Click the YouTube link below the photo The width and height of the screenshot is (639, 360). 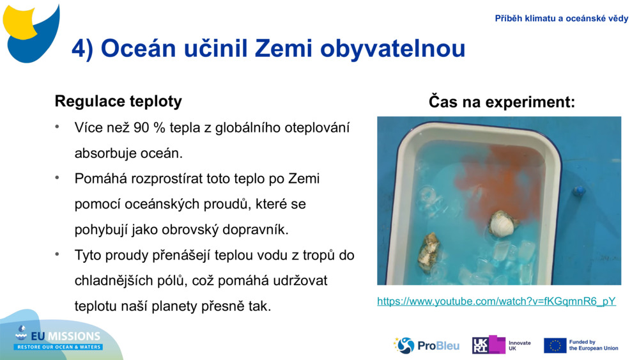click(496, 301)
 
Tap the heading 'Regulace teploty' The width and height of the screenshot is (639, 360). click(118, 101)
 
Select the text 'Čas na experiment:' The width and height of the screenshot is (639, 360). click(502, 101)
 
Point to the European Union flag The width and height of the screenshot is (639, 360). click(555, 345)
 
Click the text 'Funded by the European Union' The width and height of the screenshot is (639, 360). click(594, 345)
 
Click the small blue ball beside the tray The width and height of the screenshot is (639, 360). click(579, 190)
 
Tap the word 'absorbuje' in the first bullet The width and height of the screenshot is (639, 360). click(105, 153)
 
